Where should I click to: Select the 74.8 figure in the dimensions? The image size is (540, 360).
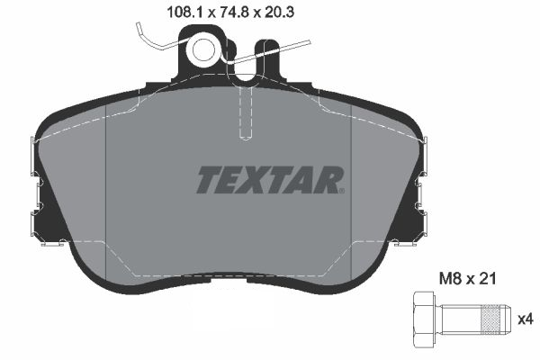[x=207, y=13]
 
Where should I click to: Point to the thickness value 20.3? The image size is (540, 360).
[x=256, y=13]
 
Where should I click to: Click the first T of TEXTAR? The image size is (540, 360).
[x=206, y=179]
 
